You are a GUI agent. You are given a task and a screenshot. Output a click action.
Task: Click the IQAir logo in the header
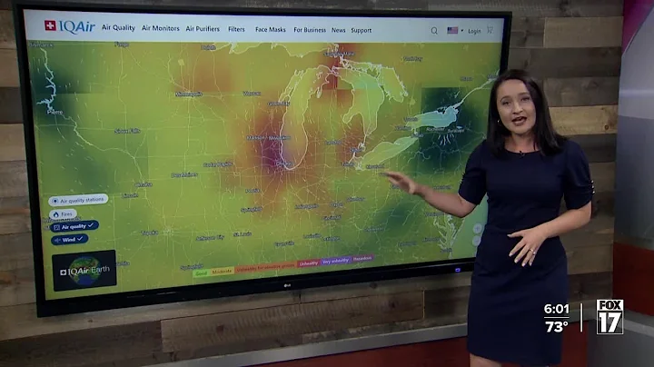[x=70, y=27]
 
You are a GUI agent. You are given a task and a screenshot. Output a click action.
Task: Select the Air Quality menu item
[x=118, y=29]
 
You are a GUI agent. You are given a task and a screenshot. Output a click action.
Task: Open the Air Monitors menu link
[x=161, y=29]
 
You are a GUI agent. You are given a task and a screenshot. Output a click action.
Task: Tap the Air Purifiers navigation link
[x=203, y=29]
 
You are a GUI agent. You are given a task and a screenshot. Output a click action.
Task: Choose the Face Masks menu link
[x=271, y=29]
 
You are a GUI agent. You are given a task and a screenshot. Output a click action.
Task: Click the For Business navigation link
[x=310, y=29]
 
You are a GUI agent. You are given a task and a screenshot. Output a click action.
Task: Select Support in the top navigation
[x=361, y=30]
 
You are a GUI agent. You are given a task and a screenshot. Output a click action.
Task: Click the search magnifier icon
[x=434, y=30]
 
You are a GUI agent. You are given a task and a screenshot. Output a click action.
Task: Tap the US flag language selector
[x=452, y=30]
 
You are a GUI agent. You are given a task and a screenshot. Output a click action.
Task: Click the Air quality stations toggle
[x=80, y=200]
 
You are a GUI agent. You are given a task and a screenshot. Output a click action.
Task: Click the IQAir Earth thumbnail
[x=84, y=270]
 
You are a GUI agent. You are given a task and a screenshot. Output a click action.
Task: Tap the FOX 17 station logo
[x=609, y=316]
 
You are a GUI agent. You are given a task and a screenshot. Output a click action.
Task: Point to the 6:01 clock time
[x=557, y=309]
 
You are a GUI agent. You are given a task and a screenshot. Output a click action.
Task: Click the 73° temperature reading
[x=557, y=326]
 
